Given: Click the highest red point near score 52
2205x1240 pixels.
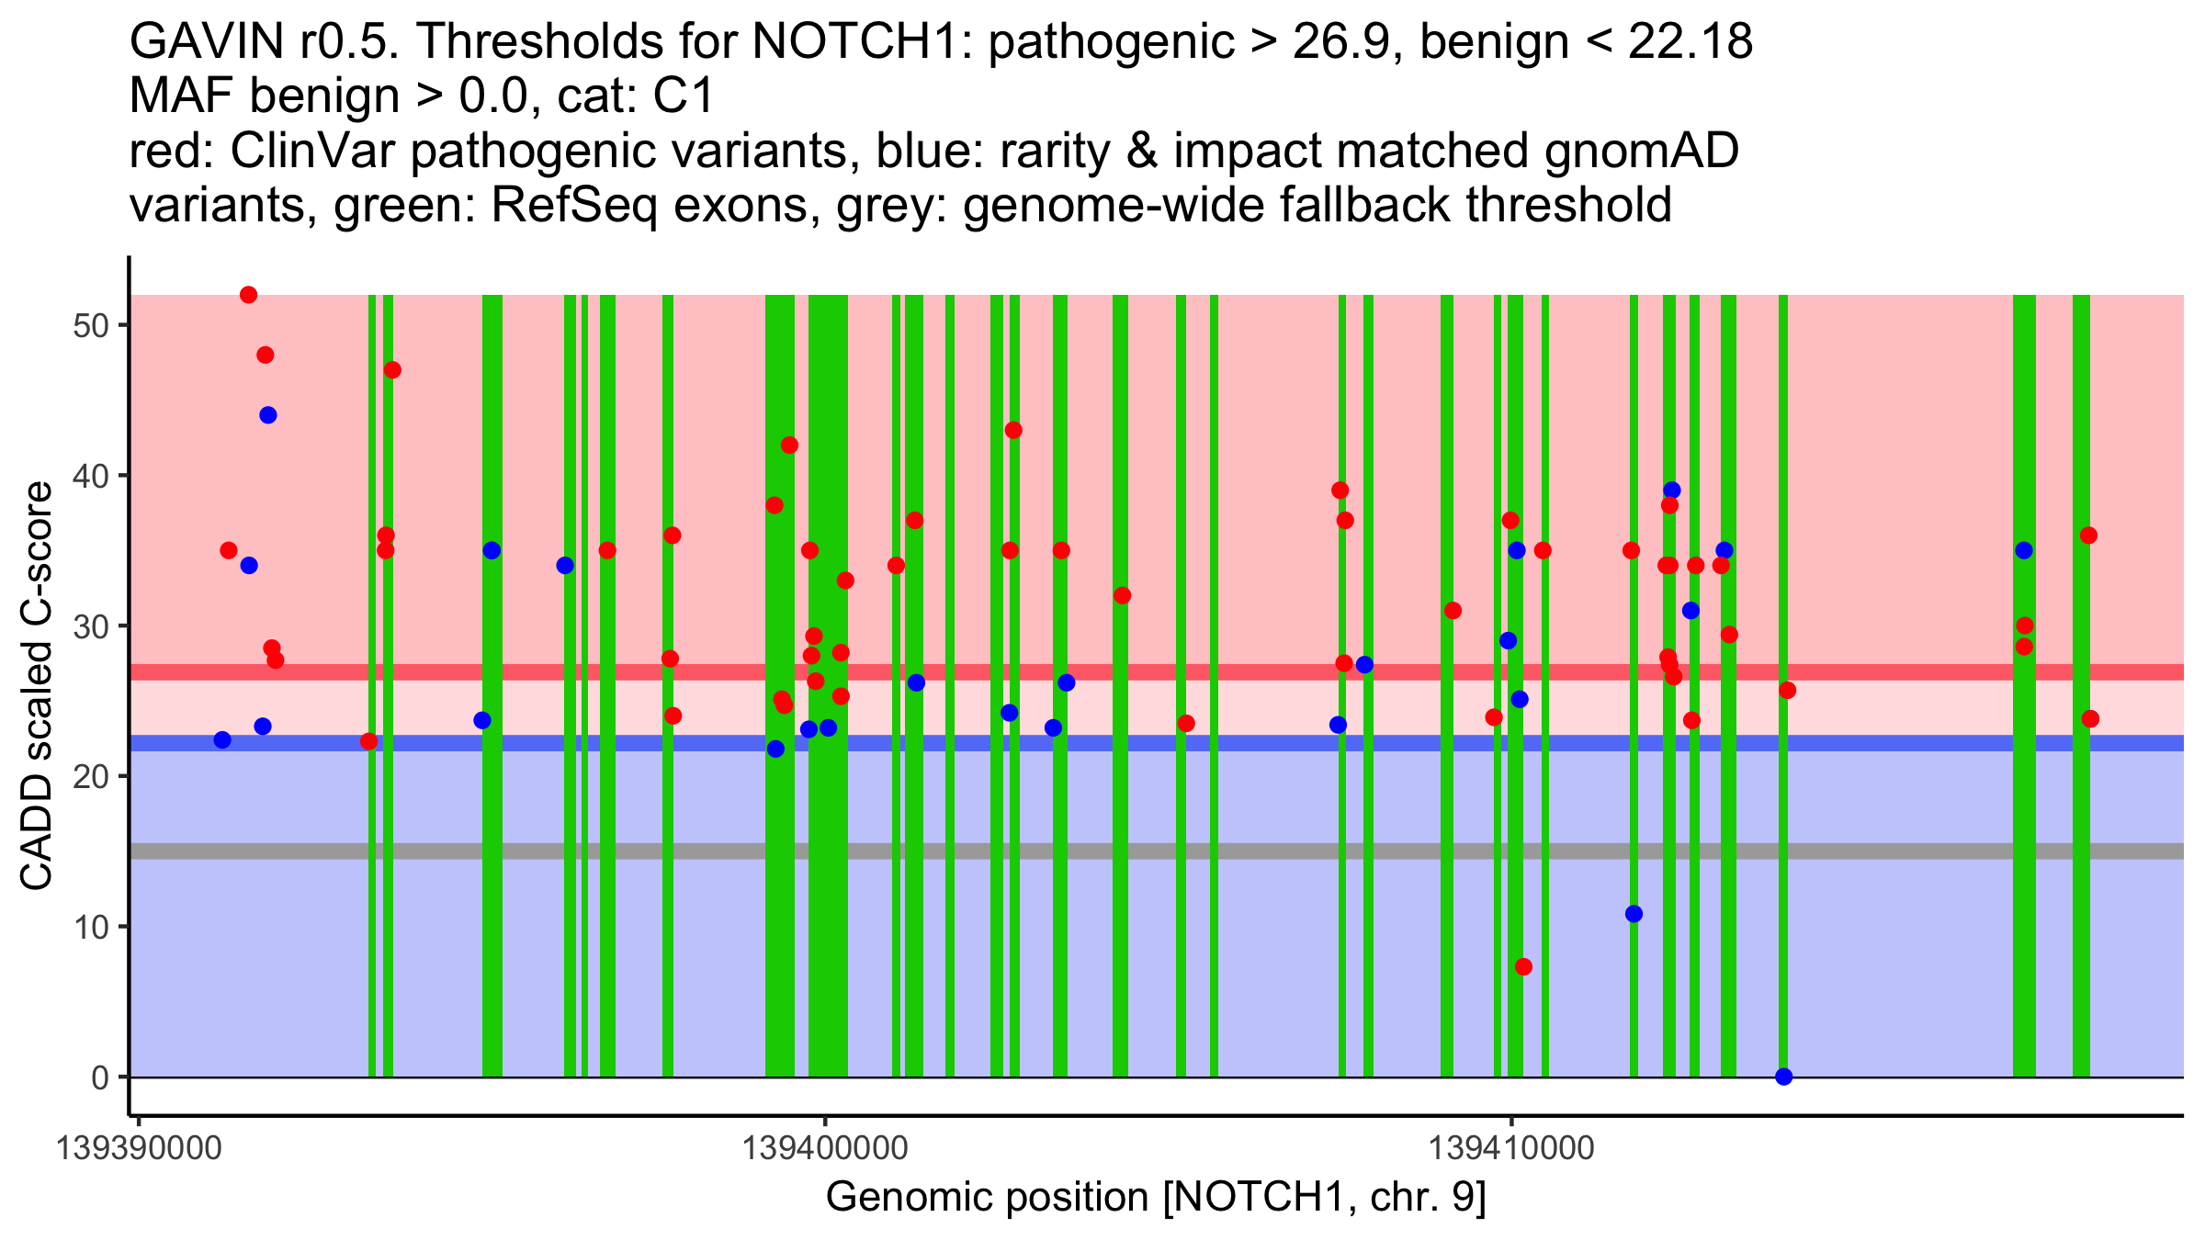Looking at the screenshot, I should click(248, 295).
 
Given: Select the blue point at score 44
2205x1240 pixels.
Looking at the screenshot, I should click(268, 415).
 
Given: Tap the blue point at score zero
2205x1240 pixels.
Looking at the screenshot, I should click(1784, 1077).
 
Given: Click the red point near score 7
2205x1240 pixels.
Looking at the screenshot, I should click(1523, 966).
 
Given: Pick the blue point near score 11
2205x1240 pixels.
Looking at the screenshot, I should click(1634, 914).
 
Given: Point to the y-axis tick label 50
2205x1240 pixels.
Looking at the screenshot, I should click(91, 326).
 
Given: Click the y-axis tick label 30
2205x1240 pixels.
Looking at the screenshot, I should click(91, 626).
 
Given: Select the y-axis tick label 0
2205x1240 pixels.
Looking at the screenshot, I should click(100, 1077).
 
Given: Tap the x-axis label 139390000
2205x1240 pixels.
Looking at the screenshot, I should click(139, 1148).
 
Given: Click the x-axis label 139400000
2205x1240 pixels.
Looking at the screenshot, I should click(825, 1148).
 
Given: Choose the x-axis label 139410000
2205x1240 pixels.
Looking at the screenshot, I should click(1511, 1148).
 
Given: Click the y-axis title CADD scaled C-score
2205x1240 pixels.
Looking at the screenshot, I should click(37, 686).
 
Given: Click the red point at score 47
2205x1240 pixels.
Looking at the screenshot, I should click(392, 370).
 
